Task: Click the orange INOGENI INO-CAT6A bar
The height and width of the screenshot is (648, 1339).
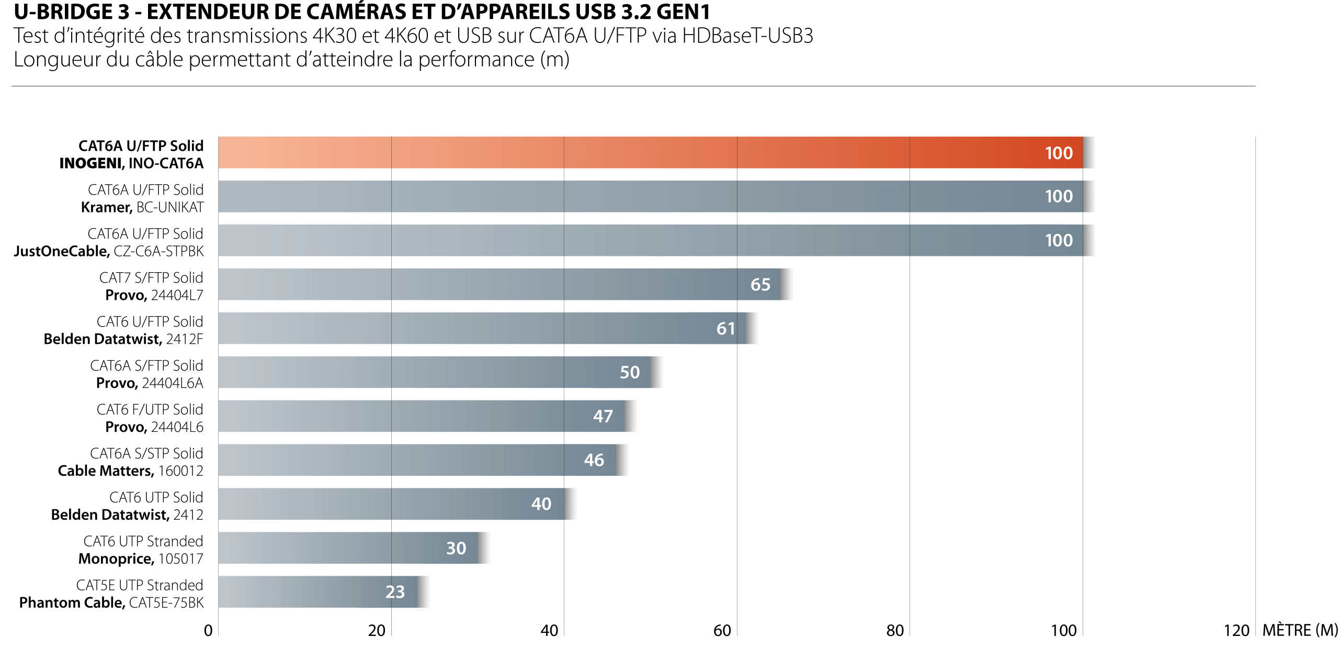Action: coord(649,152)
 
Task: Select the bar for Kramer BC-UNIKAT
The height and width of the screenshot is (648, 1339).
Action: coord(649,196)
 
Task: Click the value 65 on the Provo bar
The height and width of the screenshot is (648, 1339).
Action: coord(760,284)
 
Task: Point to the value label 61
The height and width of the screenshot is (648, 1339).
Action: coord(725,328)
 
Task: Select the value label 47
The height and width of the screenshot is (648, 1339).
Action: coord(603,416)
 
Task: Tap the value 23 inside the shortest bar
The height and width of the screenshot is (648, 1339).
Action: coord(395,591)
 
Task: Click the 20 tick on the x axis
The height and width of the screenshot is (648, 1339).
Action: coord(377,631)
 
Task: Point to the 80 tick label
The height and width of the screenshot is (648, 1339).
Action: coord(895,631)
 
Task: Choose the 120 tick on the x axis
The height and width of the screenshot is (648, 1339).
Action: coord(1236,631)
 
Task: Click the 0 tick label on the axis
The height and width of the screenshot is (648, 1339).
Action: coord(208,631)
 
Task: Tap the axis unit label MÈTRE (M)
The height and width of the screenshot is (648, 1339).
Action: coord(1300,630)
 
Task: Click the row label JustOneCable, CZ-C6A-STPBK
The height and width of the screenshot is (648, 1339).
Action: coord(109,251)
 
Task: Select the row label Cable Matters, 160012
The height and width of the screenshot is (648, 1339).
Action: coord(130,471)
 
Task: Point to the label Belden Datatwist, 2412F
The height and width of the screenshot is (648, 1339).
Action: coord(123,339)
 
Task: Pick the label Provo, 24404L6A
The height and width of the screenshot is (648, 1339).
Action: coord(149,383)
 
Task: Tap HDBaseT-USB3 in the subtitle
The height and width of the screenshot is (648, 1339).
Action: coord(747,36)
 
